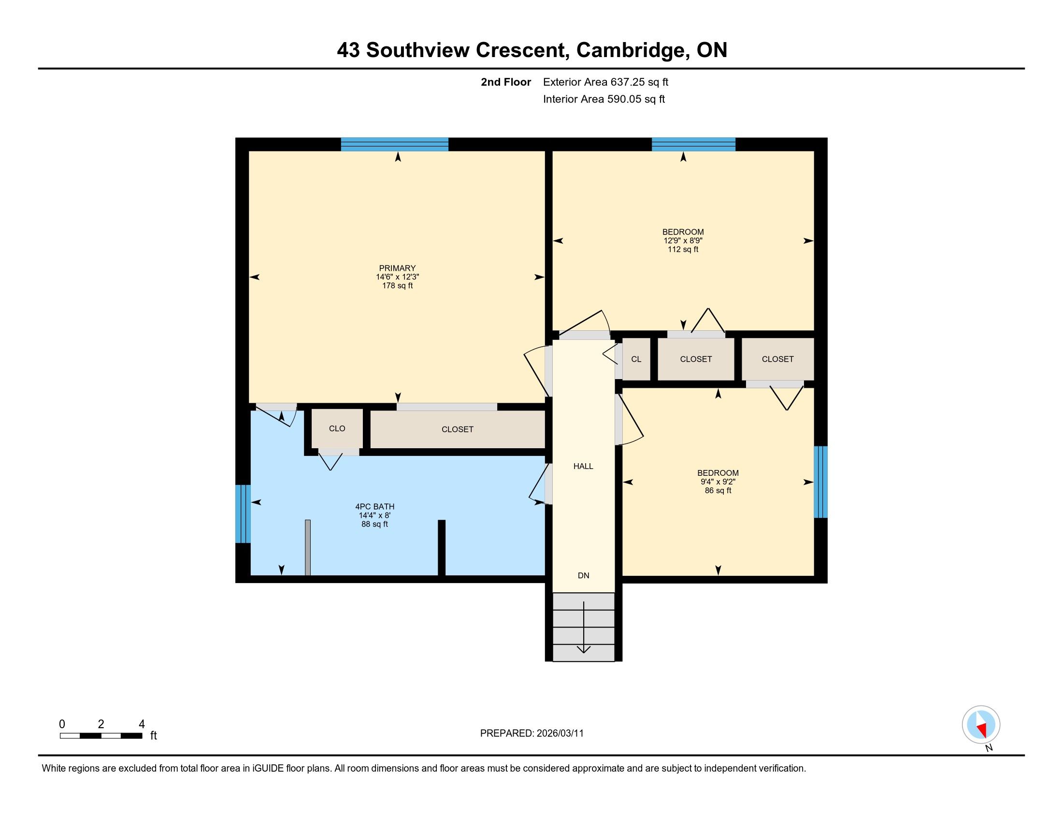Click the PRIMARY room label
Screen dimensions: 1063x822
point(397,268)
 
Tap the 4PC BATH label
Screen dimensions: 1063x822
point(375,506)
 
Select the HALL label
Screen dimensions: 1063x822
point(583,466)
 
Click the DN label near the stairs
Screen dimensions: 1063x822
point(583,575)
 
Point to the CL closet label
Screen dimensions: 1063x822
point(636,359)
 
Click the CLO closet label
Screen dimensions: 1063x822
point(337,428)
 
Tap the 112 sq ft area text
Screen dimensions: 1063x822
point(683,250)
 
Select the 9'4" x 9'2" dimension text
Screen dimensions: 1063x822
point(718,482)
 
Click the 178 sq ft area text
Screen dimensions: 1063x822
point(397,285)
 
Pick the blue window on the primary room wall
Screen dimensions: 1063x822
point(394,145)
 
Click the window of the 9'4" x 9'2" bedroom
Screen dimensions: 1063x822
point(820,482)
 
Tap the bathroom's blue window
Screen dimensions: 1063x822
point(243,514)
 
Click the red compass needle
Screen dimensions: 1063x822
point(982,729)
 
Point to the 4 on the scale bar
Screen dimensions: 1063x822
point(142,724)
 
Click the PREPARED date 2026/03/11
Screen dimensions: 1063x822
point(559,733)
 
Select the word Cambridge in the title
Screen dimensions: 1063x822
point(632,50)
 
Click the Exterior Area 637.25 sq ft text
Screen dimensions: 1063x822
point(605,82)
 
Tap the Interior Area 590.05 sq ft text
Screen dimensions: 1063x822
point(603,99)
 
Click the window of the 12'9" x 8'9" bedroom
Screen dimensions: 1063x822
point(693,145)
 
